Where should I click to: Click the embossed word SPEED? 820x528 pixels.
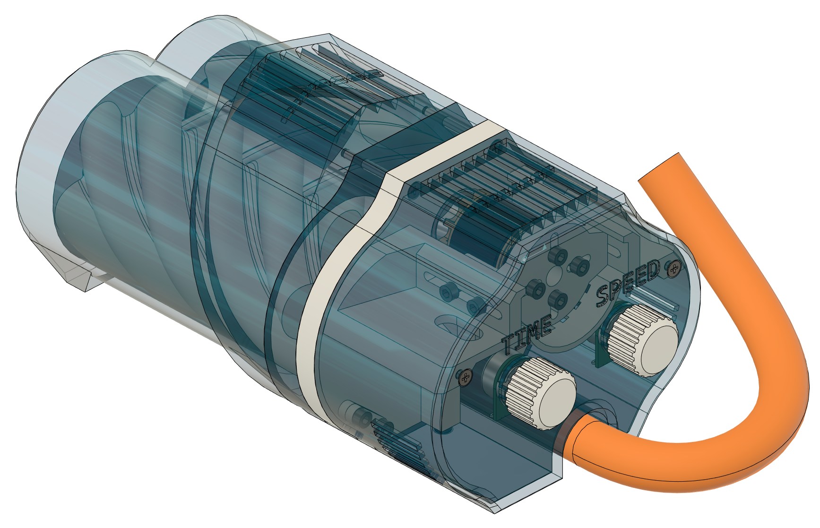pyautogui.click(x=628, y=283)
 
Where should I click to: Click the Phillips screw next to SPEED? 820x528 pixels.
pyautogui.click(x=674, y=268)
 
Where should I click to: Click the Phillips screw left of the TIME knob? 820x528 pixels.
pyautogui.click(x=466, y=377)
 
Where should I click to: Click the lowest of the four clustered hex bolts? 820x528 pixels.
pyautogui.click(x=560, y=298)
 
